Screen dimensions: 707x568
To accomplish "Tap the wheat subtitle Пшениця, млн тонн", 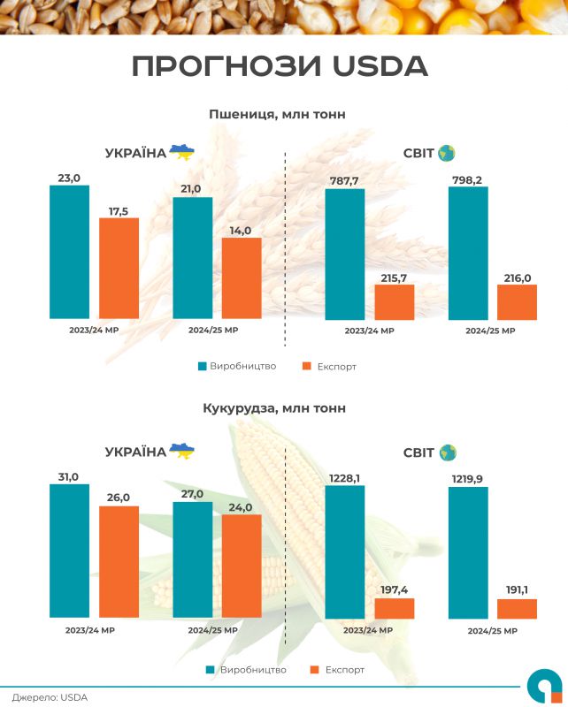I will click(x=277, y=114).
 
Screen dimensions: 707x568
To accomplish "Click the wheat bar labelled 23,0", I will click(x=69, y=252).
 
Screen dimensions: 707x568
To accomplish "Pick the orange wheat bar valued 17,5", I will click(x=119, y=268).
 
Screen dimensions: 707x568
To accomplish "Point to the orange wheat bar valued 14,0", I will click(x=242, y=277).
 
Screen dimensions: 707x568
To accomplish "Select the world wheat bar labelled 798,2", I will click(x=468, y=253).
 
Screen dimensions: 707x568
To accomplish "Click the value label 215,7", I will click(x=394, y=277).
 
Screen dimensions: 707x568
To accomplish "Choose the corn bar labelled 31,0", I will click(x=69, y=550).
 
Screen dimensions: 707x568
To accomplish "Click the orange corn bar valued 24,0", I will click(x=242, y=566).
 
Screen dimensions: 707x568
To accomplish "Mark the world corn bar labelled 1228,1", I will click(x=345, y=551).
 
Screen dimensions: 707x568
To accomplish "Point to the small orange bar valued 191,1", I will click(x=517, y=608).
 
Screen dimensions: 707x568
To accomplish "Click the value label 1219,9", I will click(x=468, y=477).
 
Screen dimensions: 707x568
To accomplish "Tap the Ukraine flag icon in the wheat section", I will click(x=182, y=152).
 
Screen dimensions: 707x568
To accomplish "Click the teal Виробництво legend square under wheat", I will click(x=202, y=366).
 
